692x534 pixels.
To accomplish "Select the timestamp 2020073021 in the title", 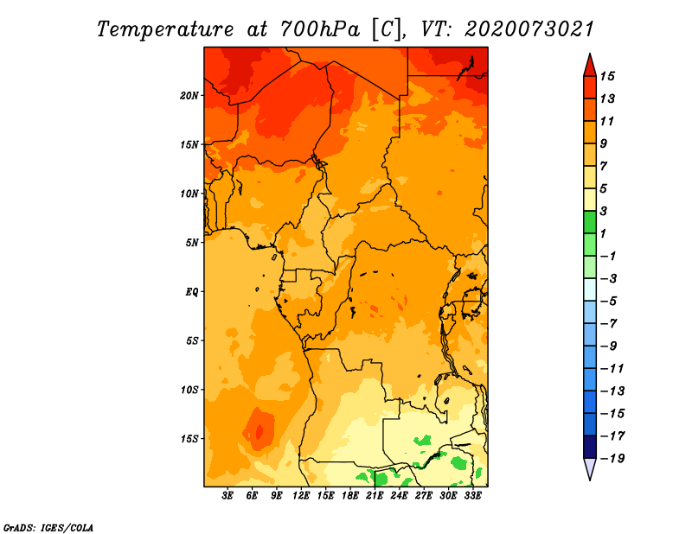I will pos(529,29).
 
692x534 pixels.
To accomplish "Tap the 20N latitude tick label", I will pos(189,95).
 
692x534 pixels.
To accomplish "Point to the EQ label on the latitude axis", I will pos(192,291).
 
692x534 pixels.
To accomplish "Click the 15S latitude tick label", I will pos(189,438).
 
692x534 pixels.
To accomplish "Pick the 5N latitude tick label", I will pos(192,242).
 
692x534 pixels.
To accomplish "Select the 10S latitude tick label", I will pos(189,389).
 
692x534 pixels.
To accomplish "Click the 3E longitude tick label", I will pos(228,496).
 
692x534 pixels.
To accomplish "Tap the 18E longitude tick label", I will pos(350,496).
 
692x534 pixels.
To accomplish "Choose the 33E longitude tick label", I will pos(472,496).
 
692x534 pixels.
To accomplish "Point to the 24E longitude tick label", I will pos(399,496).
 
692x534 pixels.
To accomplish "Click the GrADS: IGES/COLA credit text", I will pos(48,526).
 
